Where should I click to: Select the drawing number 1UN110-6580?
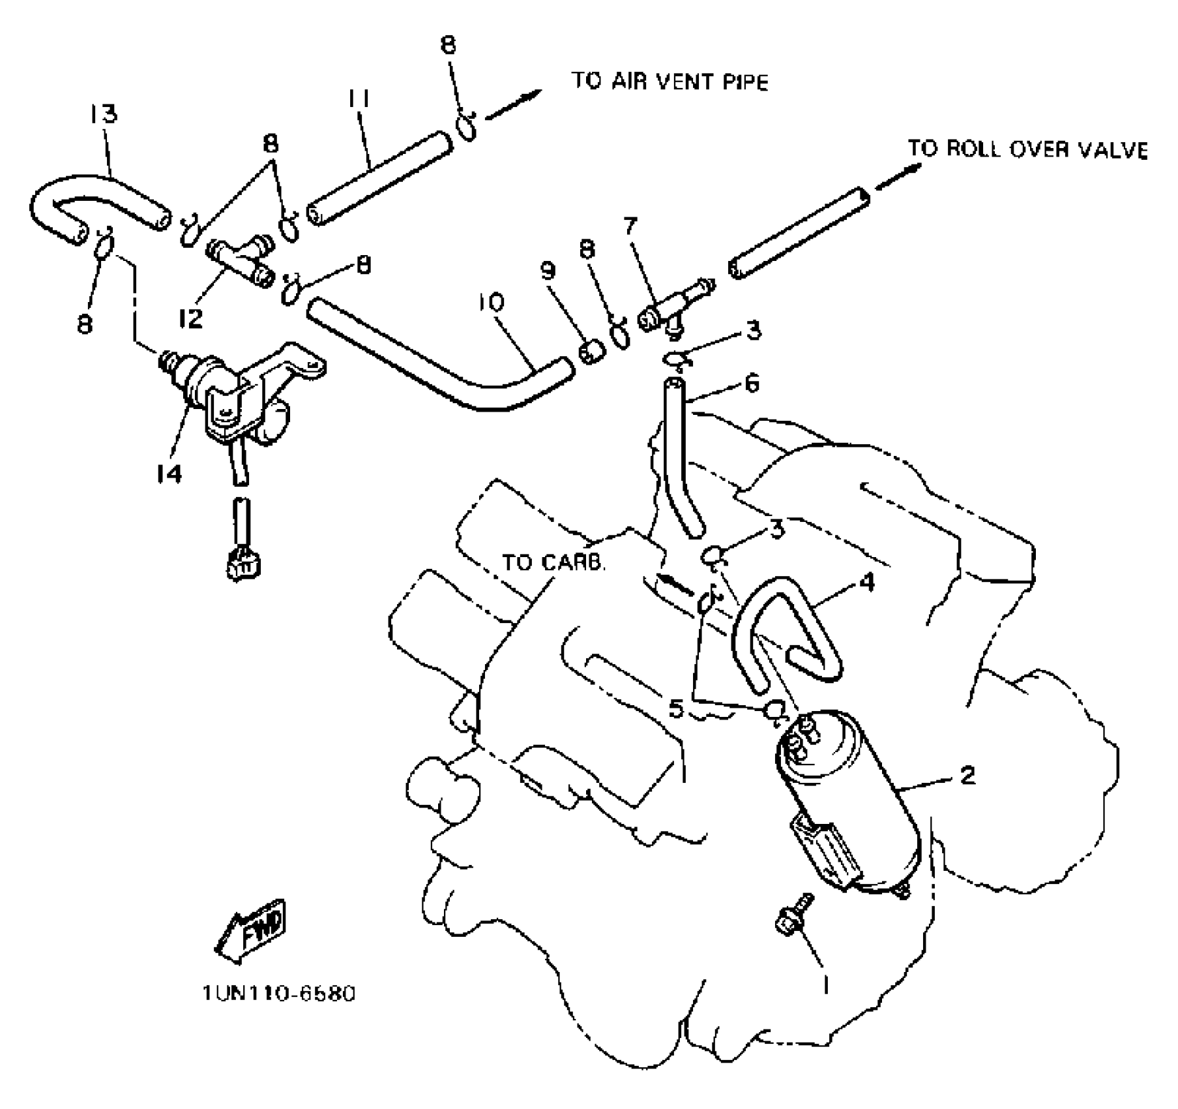(278, 994)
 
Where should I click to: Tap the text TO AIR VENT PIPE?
(670, 82)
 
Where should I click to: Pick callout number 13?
(103, 114)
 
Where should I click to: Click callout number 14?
(169, 474)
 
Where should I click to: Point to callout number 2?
(967, 775)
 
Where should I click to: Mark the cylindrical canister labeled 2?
(847, 802)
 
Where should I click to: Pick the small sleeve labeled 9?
(593, 353)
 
